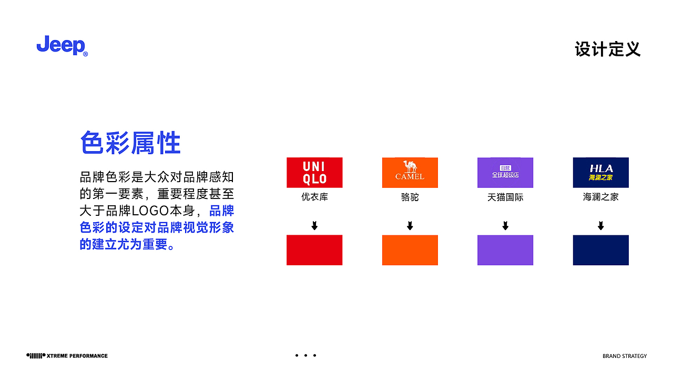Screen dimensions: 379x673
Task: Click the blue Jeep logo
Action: [x=62, y=46]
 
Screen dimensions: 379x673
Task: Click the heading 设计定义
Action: [x=607, y=49]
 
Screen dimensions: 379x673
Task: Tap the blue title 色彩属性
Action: [x=130, y=143]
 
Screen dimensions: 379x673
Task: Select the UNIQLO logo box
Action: [x=314, y=173]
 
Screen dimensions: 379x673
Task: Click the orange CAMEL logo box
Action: [x=410, y=173]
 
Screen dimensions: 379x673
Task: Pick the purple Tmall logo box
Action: [x=505, y=173]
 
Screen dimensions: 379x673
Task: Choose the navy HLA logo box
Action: [x=600, y=173]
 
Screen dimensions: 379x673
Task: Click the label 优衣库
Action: [x=314, y=197]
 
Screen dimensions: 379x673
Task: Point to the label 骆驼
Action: [x=410, y=197]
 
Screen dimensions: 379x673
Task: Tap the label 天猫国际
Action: [x=505, y=197]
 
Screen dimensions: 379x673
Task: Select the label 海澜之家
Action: [x=600, y=197]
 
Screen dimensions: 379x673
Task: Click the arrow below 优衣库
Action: [x=314, y=226]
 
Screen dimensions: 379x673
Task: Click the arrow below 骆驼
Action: [x=410, y=226]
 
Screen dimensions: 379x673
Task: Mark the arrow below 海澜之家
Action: [x=600, y=226]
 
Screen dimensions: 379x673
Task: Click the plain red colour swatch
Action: [x=314, y=250]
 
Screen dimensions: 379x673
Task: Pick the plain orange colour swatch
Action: [x=410, y=250]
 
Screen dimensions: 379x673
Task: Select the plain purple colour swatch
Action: [x=505, y=250]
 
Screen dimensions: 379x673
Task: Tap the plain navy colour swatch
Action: [x=600, y=250]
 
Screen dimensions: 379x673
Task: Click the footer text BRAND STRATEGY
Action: [x=625, y=356]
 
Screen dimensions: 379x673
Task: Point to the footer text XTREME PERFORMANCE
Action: [x=77, y=356]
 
